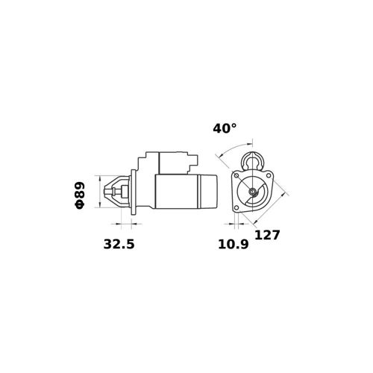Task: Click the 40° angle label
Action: [225, 128]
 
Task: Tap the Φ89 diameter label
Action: [80, 195]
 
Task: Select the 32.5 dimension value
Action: [119, 244]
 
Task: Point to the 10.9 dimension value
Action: [233, 245]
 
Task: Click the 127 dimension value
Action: [267, 235]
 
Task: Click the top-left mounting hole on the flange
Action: [236, 176]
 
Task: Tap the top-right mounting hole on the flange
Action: [269, 175]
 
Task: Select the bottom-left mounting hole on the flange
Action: [236, 207]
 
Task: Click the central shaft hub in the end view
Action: [253, 192]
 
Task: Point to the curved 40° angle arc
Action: [233, 148]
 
